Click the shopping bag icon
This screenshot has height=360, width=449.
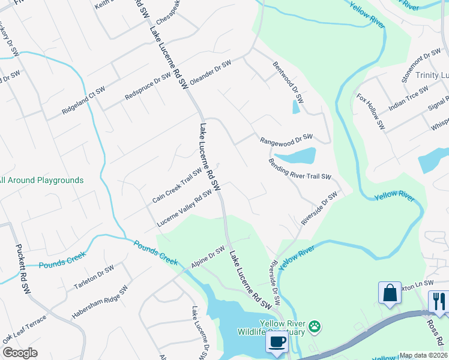(x=390, y=293)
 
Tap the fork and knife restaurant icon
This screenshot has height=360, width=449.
(x=438, y=302)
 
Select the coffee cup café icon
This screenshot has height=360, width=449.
(x=276, y=342)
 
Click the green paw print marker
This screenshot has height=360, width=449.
(x=315, y=326)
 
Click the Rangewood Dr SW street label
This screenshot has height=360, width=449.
(x=286, y=139)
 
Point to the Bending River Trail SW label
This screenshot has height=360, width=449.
(x=300, y=169)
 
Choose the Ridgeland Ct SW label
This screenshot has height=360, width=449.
(x=83, y=101)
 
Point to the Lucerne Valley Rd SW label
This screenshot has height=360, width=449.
(x=184, y=209)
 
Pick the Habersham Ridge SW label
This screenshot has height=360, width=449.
(x=100, y=302)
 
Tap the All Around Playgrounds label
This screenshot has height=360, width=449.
(x=41, y=180)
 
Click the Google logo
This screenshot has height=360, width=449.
(x=20, y=353)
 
